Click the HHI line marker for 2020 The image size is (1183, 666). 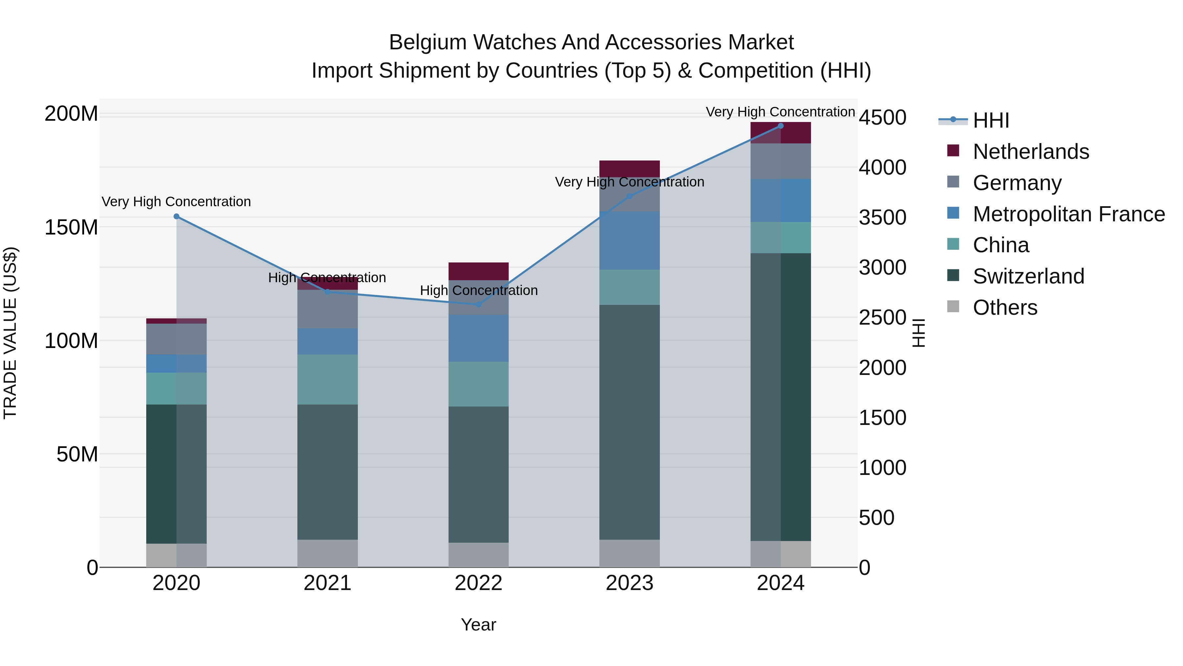point(176,216)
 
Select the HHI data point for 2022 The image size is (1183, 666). point(478,304)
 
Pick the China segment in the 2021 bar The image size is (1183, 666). point(327,379)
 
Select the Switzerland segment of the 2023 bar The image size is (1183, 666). point(629,422)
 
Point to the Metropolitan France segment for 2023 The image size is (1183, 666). point(629,240)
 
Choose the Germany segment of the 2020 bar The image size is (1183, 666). point(176,339)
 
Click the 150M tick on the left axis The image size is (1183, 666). point(71,227)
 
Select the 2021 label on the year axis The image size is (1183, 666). point(327,583)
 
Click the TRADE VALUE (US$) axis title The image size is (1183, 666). point(10,333)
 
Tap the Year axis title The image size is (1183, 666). point(478,625)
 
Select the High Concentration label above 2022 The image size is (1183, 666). point(478,290)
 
